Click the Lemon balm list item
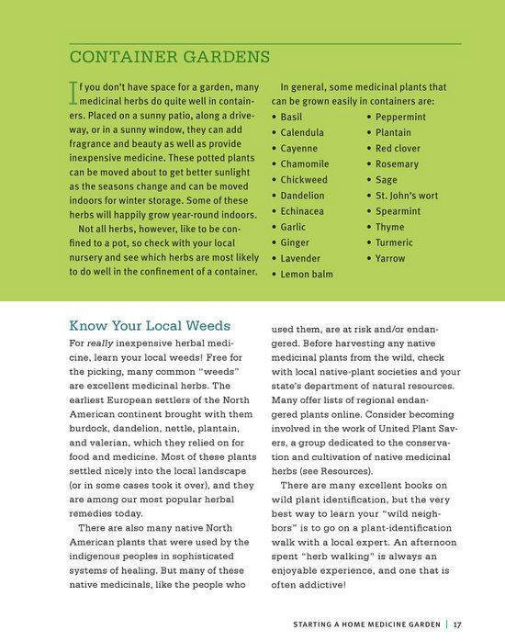307,274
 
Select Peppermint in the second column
401,118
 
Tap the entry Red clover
398,149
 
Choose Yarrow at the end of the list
390,258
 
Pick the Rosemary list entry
398,164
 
